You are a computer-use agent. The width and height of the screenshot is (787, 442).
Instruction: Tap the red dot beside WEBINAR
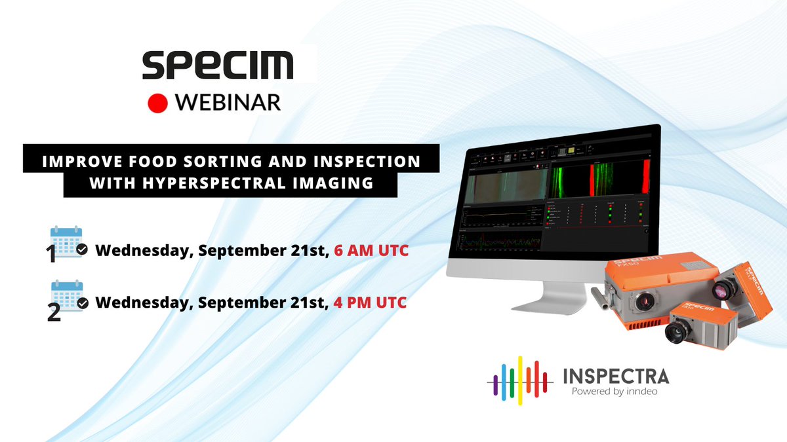coord(158,103)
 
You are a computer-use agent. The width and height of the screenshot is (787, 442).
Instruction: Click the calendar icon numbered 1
coord(66,242)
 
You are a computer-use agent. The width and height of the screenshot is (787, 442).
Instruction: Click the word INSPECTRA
coord(616,377)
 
